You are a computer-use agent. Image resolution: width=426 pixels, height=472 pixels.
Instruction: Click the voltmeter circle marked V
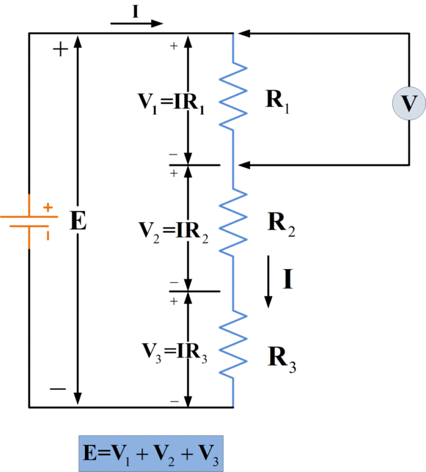pos(409,104)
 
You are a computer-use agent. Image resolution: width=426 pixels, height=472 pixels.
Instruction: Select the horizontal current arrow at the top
pos(137,24)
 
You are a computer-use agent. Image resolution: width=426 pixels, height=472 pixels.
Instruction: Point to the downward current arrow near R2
pos(268,281)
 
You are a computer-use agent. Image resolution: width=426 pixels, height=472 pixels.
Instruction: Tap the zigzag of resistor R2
pos(234,222)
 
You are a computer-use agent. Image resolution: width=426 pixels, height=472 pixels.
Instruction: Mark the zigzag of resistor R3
pos(234,343)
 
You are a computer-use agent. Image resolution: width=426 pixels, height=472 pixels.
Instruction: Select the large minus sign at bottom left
pos(58,389)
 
